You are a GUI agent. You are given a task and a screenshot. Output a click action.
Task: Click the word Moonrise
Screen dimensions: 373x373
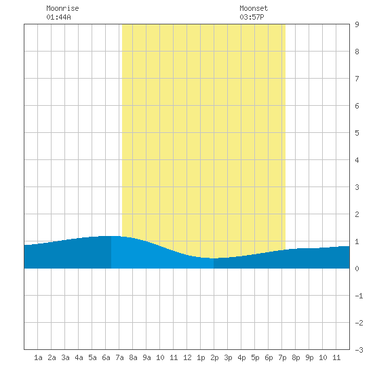coord(62,8)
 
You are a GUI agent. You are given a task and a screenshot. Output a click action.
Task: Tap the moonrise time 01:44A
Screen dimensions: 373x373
coord(58,17)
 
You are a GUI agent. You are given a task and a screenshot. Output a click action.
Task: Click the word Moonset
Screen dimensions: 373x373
coord(254,8)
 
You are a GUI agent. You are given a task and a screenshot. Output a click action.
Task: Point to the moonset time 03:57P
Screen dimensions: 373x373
coord(252,17)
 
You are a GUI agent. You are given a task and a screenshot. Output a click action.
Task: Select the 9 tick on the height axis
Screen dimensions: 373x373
coord(357,24)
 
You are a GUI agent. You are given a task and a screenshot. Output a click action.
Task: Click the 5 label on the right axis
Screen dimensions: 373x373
coord(357,133)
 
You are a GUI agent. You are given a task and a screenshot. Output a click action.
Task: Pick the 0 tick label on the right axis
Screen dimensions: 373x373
coord(357,269)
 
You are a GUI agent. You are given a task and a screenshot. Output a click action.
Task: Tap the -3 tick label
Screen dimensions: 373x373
coord(359,350)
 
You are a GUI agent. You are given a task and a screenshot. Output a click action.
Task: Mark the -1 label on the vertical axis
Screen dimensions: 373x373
coord(359,296)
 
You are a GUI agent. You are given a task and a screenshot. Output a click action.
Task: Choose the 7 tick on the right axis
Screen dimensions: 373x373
coord(357,79)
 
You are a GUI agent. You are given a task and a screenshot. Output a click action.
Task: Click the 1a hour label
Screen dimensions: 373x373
coord(38,357)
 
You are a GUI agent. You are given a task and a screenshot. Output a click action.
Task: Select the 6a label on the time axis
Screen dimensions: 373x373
coord(106,357)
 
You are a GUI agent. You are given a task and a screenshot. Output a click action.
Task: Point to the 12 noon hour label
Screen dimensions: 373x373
coord(187,357)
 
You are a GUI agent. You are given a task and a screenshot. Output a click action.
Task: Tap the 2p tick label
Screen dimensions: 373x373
coord(214,357)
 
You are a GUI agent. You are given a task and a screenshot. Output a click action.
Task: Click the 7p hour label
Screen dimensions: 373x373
coord(282,357)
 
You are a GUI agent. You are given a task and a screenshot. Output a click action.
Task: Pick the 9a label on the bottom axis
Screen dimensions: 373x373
coord(146,357)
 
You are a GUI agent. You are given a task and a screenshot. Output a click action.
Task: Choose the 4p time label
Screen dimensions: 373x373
coord(241,357)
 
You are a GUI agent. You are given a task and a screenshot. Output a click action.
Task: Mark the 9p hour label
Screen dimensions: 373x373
coord(309,357)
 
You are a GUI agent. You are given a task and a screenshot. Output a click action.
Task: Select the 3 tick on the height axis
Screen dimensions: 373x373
coord(357,187)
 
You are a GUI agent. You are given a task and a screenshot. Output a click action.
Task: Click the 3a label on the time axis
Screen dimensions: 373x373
coord(65,357)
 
